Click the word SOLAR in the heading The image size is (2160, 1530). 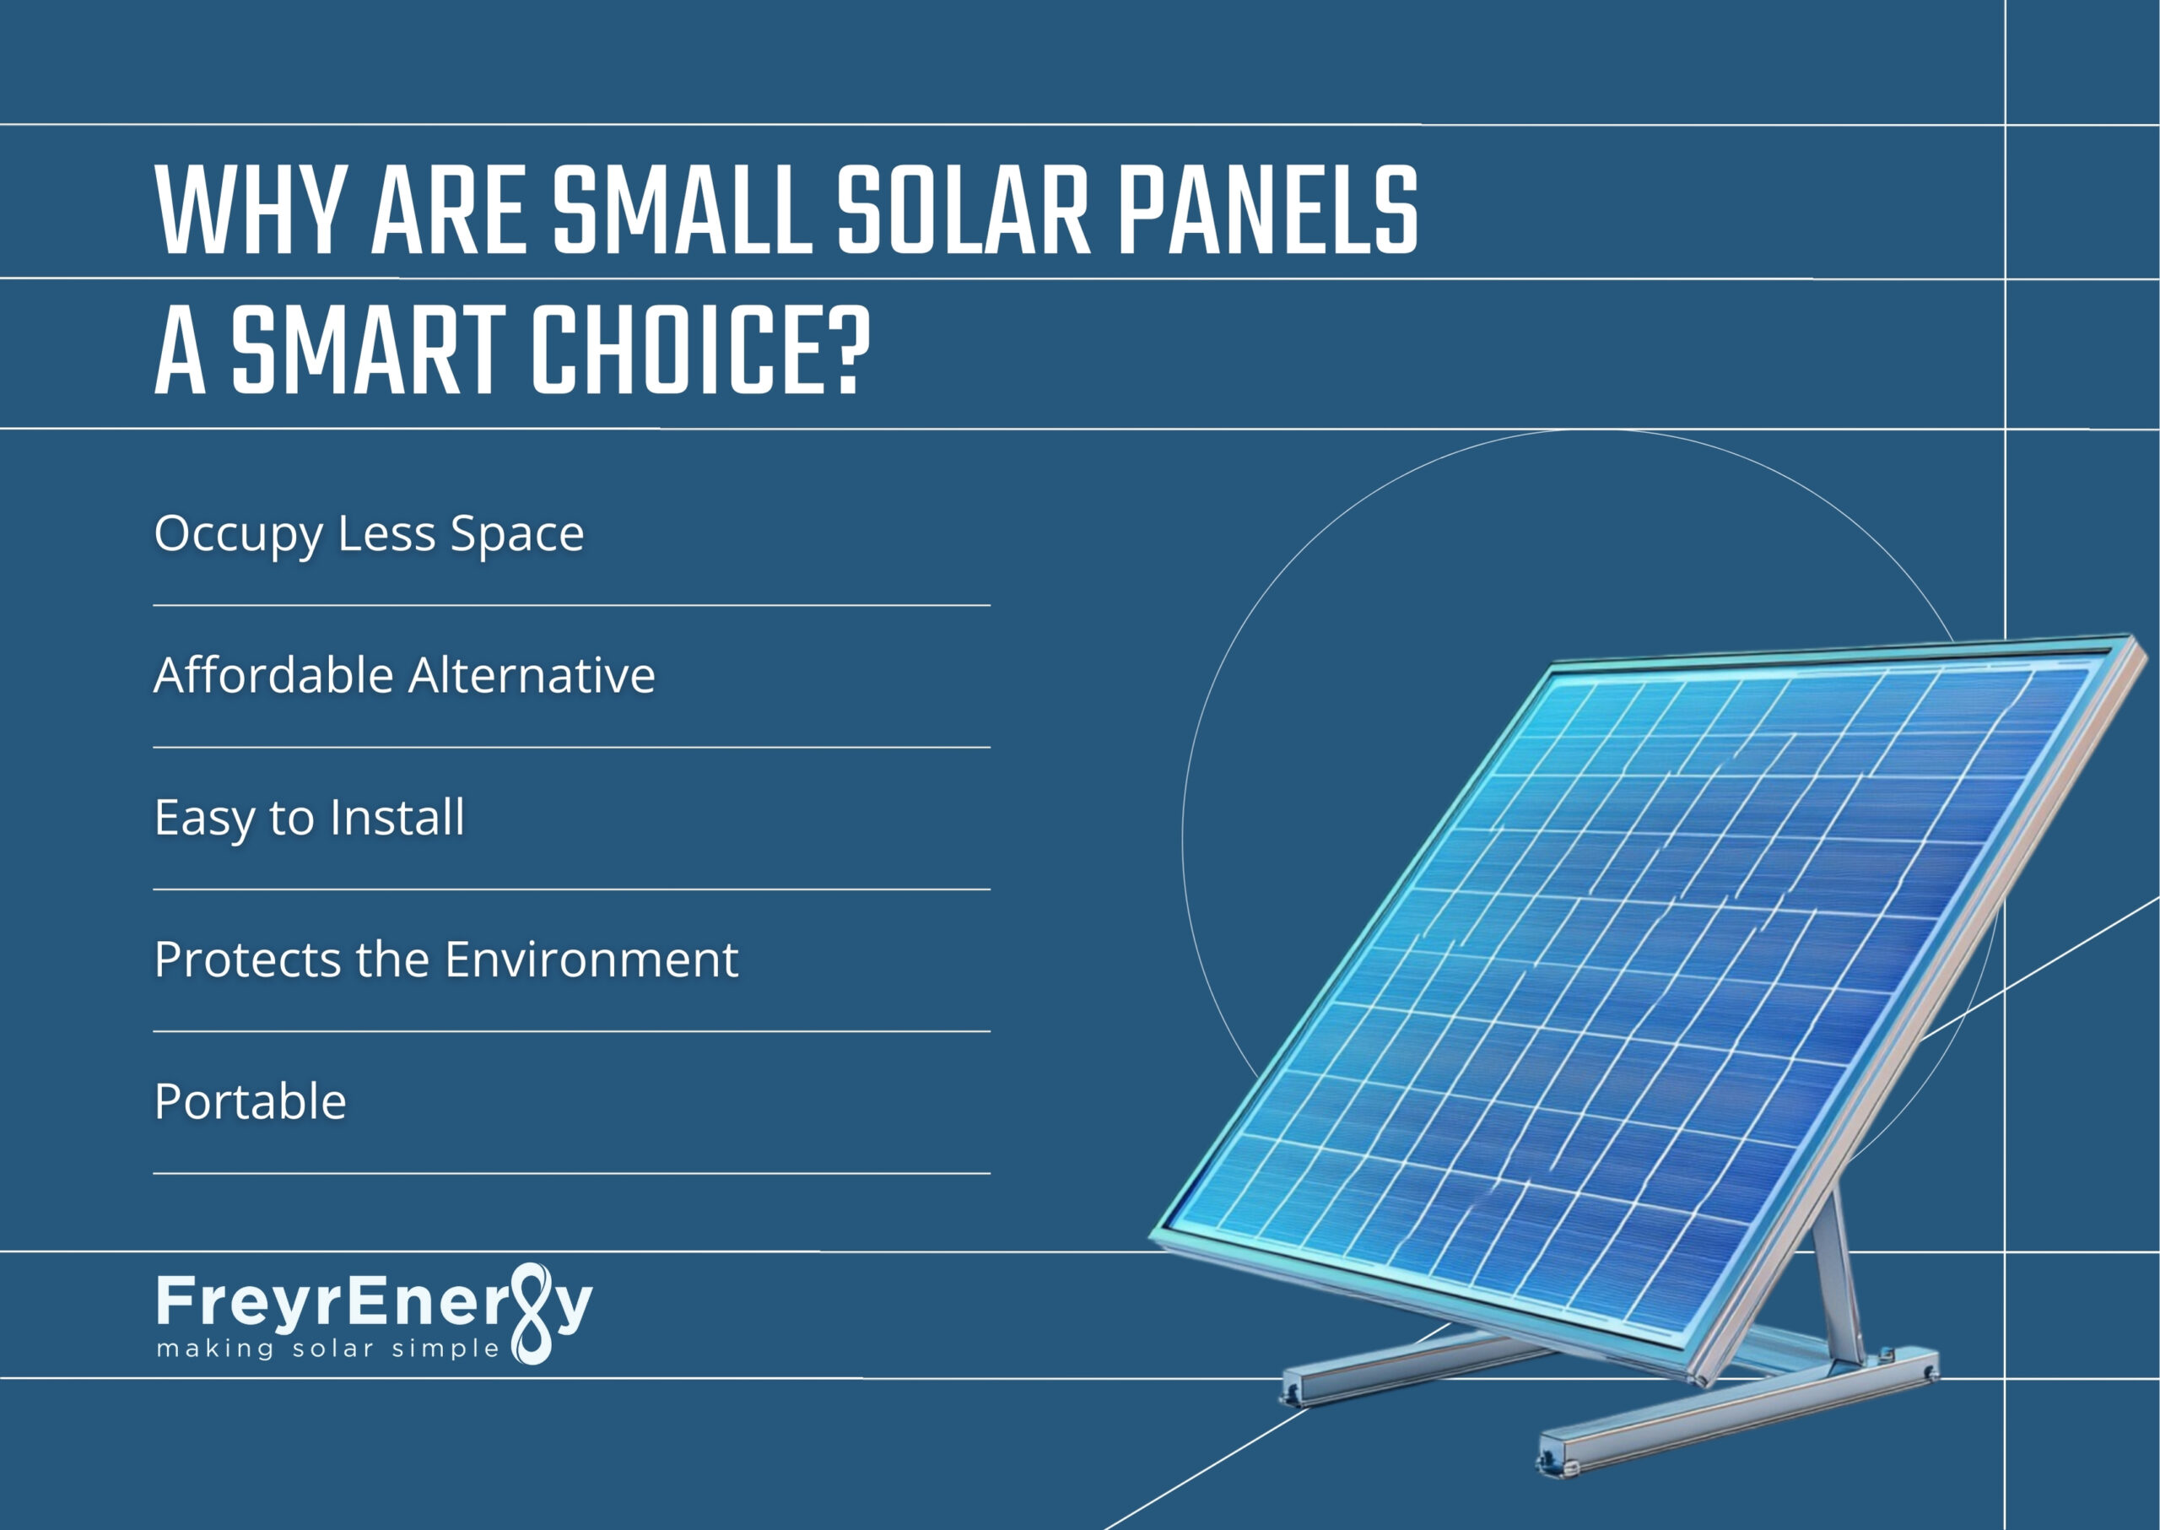[963, 211]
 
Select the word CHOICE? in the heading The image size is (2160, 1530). [701, 350]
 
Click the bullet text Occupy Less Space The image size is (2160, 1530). [369, 534]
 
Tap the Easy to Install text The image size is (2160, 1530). [309, 817]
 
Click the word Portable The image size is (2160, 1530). [250, 1101]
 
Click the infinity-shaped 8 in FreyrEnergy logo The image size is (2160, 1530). [534, 1314]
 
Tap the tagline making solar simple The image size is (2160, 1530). [328, 1349]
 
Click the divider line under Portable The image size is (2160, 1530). [571, 1173]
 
